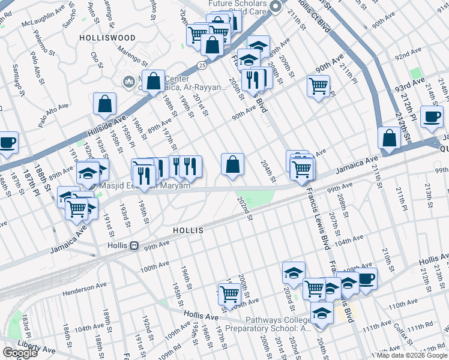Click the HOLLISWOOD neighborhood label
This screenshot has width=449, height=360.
coord(107,38)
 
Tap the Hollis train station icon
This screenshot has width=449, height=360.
coord(135,246)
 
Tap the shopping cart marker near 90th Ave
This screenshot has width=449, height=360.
coord(318,85)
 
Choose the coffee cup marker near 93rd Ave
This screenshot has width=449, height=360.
coord(431,116)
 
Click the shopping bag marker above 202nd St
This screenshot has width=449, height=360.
coord(232,164)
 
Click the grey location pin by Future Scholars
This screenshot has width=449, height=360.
coord(276,7)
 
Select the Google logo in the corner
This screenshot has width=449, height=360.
coord(20,353)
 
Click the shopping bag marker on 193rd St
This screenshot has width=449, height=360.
coord(105,103)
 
